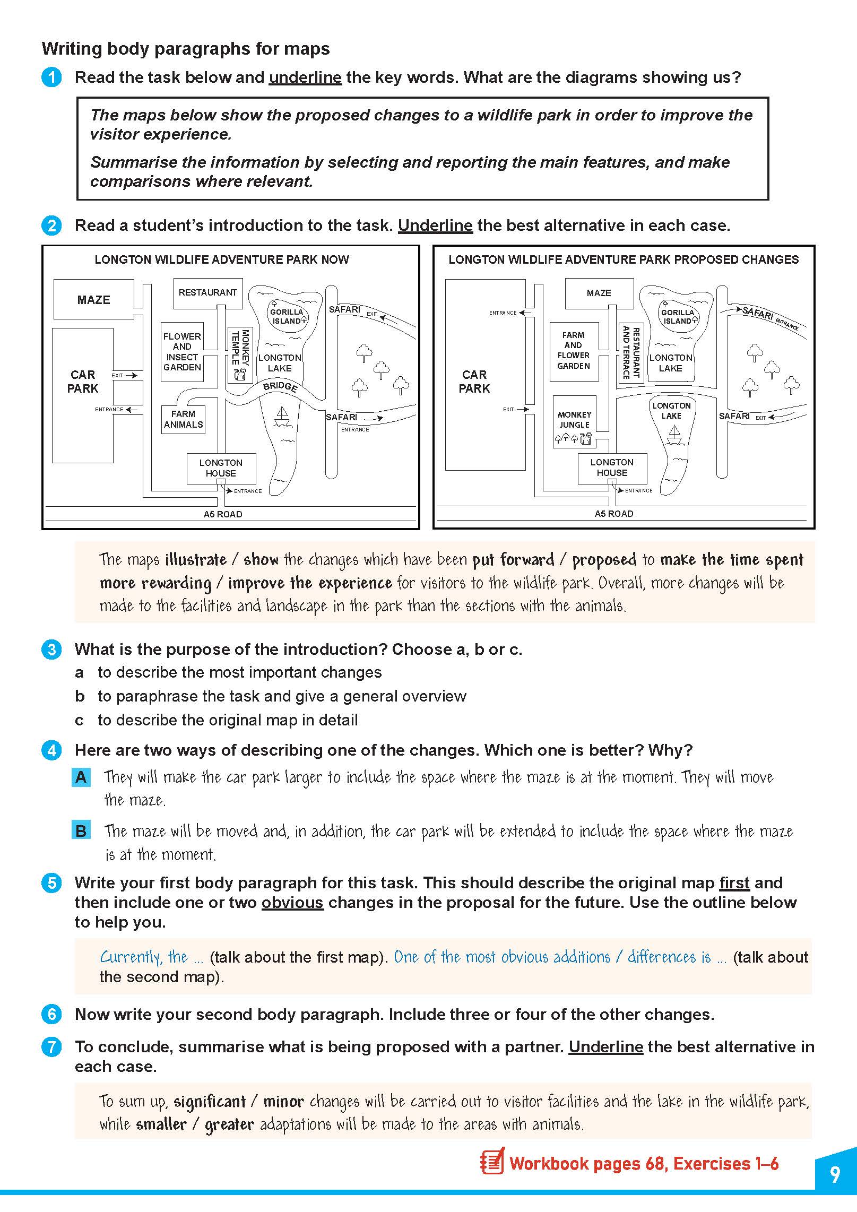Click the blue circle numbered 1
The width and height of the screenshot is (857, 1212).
pos(51,77)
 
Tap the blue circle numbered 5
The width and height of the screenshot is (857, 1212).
pos(51,883)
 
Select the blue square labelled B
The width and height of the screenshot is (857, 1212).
pos(81,830)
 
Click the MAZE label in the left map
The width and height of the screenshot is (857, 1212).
pos(93,300)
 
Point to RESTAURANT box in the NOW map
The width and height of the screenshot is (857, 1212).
pos(207,293)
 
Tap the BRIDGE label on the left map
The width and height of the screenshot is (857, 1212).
pos(280,386)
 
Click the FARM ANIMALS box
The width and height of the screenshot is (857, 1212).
pos(183,419)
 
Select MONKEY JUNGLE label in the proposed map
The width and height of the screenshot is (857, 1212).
pos(574,420)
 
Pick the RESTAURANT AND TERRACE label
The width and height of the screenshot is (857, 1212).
pos(631,352)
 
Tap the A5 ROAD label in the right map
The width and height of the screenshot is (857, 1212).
pos(614,514)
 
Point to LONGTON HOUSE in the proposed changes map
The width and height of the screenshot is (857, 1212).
pos(612,468)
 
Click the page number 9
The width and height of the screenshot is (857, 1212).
pos(835,1174)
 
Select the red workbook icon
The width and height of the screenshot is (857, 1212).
pos(492,1164)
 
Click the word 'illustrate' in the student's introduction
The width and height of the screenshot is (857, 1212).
pos(196,560)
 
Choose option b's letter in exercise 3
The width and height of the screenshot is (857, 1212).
pos(80,696)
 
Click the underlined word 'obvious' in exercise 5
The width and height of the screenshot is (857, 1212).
pos(292,903)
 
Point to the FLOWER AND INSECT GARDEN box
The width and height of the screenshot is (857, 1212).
pos(182,352)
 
